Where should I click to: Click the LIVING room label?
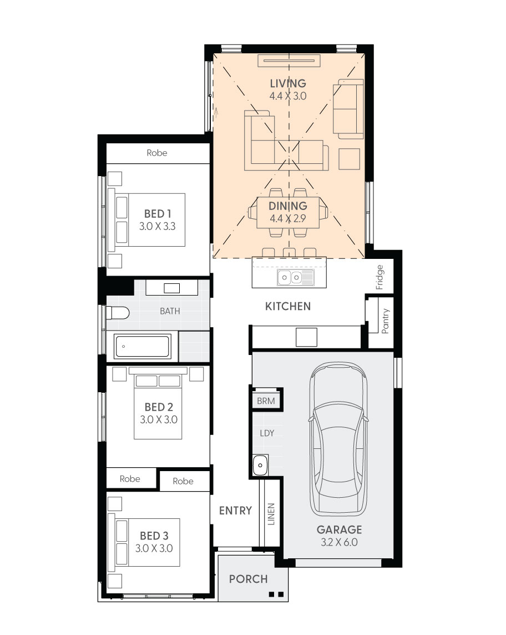pos(288,83)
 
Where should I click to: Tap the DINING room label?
pos(288,206)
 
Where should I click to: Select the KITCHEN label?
pos(288,306)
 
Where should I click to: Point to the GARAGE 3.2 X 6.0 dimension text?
pos(339,542)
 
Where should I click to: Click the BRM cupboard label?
pos(266,401)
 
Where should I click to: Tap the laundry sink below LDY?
pos(260,465)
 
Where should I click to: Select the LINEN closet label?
pos(271,514)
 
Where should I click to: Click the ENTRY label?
pos(235,510)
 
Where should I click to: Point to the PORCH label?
pos(249,579)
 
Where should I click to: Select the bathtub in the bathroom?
pos(142,347)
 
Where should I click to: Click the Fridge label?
pos(379,277)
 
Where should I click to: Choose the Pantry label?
pos(385,321)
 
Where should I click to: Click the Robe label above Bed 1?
pos(157,153)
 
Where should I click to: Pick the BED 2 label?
pos(159,407)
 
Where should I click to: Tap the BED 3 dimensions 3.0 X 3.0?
pos(154,548)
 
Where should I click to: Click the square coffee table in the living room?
pos(349,159)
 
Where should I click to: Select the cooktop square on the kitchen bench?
pos(306,337)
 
